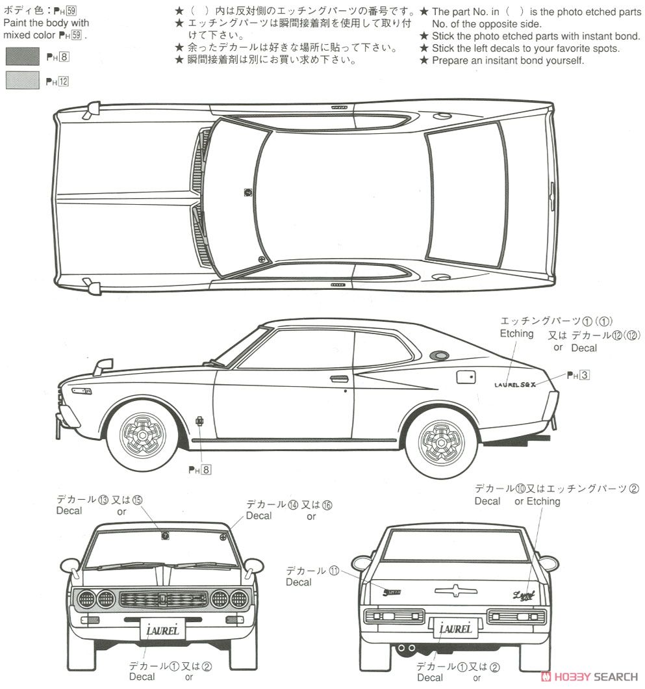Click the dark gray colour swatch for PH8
pyautogui.click(x=21, y=57)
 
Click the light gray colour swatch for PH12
pyautogui.click(x=21, y=80)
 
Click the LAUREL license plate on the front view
pyautogui.click(x=162, y=629)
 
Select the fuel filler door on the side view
pyautogui.click(x=466, y=378)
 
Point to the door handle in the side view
pyautogui.click(x=338, y=378)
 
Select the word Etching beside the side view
pyautogui.click(x=516, y=333)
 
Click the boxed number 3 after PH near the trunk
pyautogui.click(x=585, y=375)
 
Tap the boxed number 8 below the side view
pyautogui.click(x=206, y=470)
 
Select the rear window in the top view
pyautogui.click(x=465, y=198)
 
